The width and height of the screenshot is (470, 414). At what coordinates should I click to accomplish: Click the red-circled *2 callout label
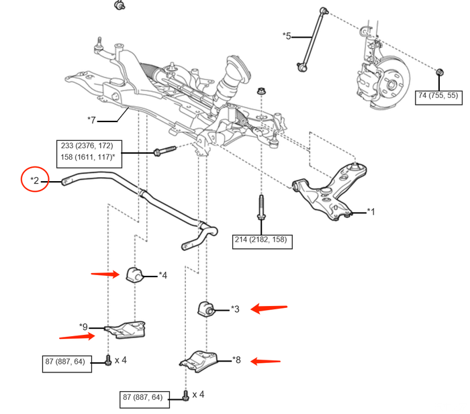click(x=35, y=180)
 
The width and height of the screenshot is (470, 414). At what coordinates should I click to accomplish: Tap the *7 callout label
click(x=92, y=119)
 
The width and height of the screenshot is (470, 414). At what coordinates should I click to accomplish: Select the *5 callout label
click(x=287, y=35)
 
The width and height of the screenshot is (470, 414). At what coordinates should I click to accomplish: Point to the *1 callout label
click(x=371, y=211)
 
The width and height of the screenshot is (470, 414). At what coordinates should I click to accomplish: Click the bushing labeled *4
click(x=132, y=274)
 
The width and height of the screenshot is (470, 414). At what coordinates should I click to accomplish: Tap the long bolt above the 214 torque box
click(x=261, y=210)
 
